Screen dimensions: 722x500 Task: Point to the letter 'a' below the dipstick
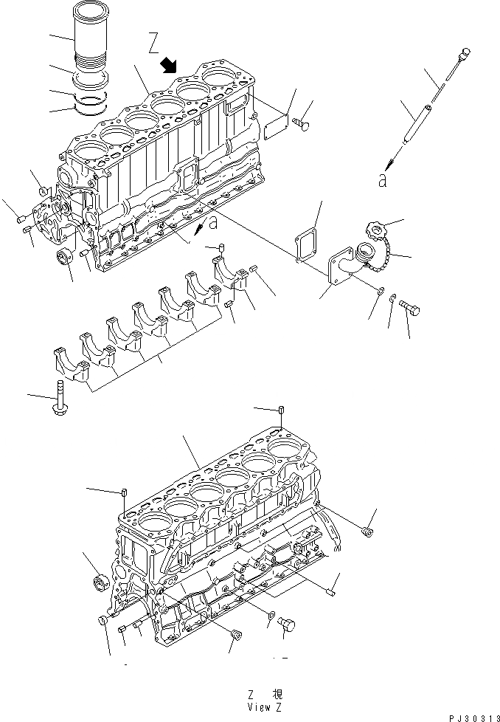[382, 179]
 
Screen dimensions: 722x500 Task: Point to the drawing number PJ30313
[471, 715]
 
